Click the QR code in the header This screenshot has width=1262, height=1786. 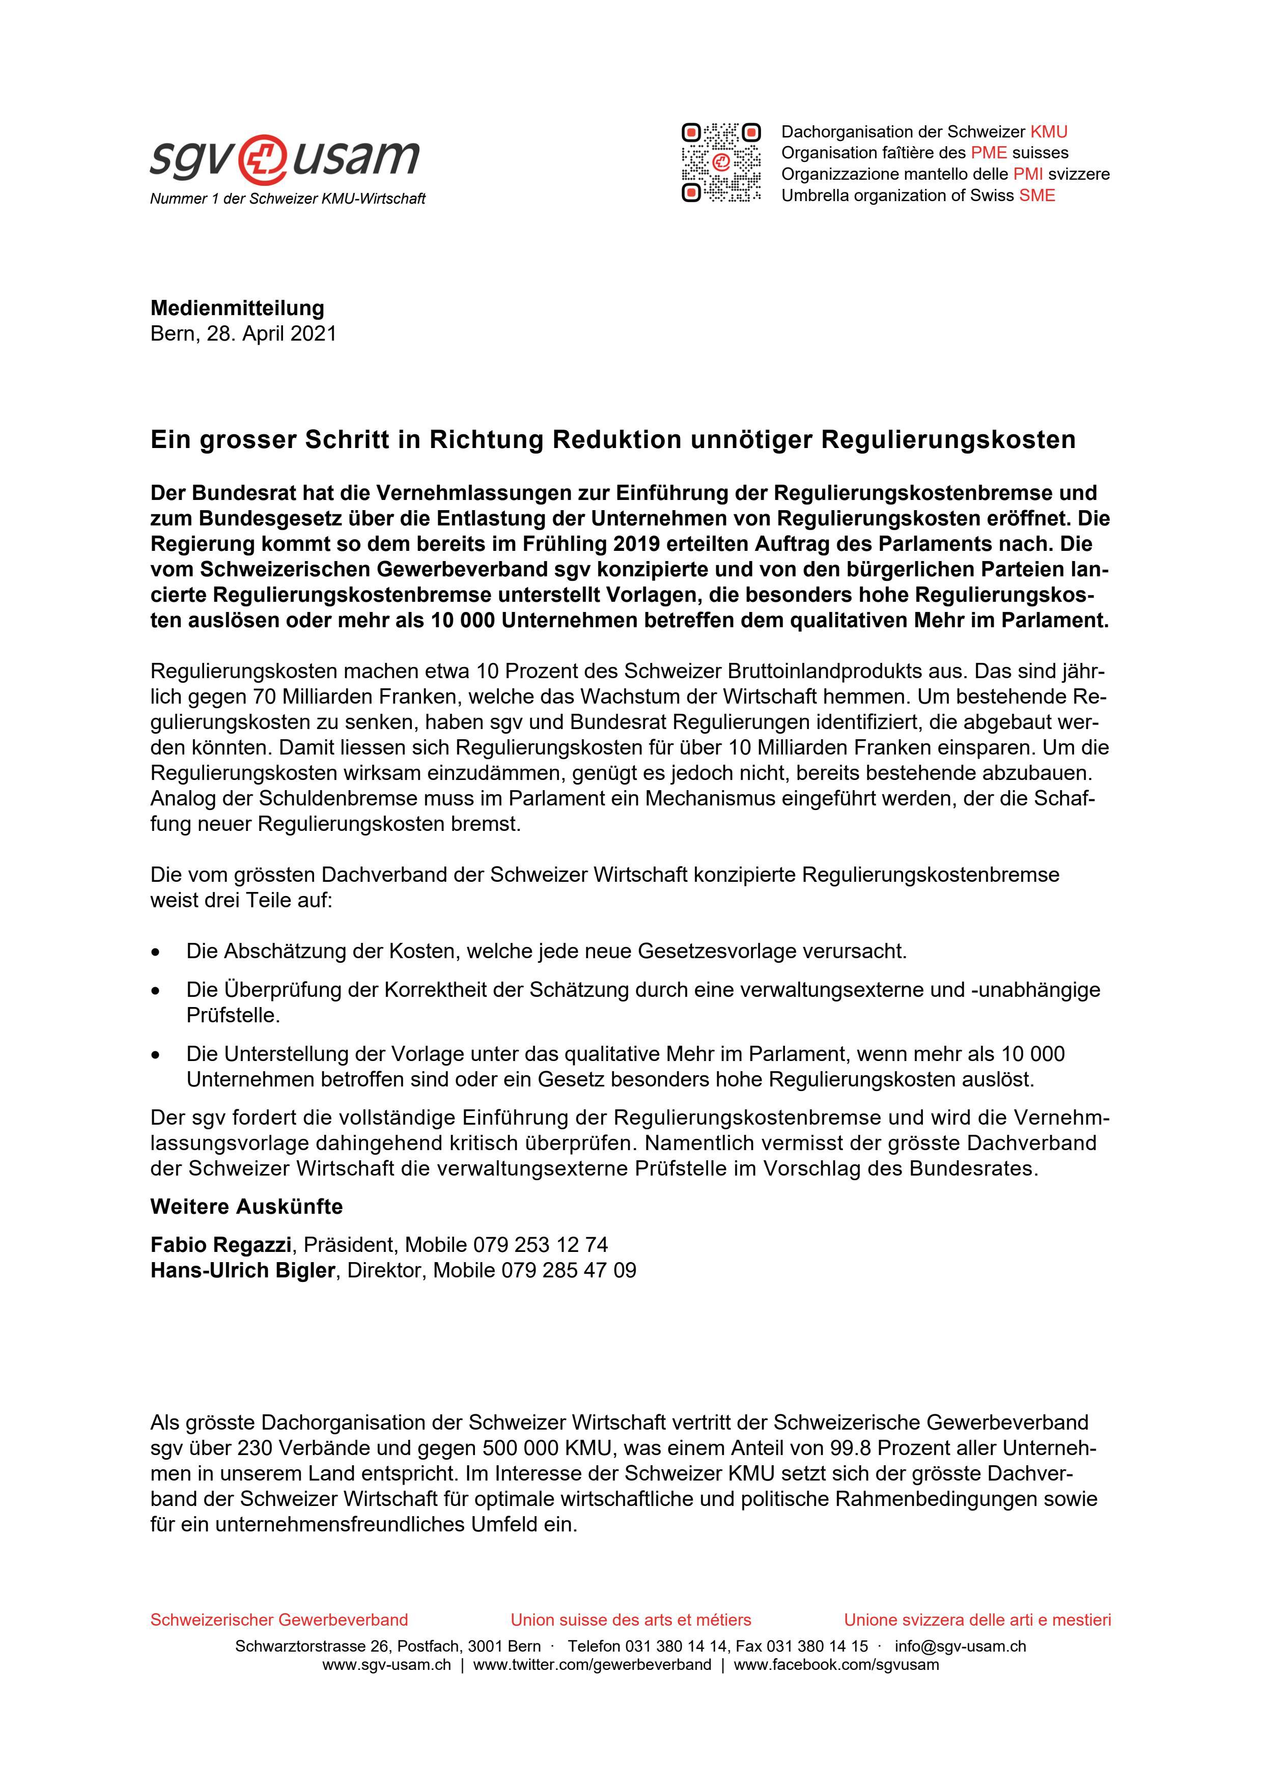point(721,162)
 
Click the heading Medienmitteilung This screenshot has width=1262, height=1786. point(237,308)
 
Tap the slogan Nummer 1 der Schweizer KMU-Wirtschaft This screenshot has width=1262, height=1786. point(288,199)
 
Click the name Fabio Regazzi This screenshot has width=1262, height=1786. point(221,1245)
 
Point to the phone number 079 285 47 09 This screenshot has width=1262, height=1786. point(569,1270)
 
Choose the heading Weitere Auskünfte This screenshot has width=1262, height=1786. point(246,1207)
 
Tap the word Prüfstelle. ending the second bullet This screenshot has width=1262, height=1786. point(233,1015)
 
